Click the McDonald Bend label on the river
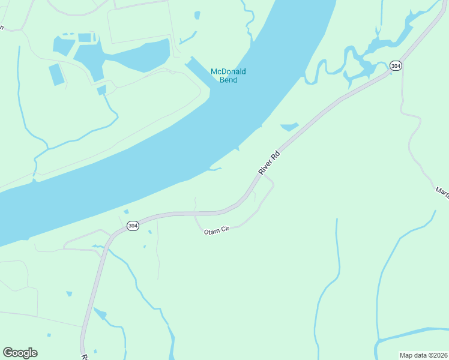point(228,76)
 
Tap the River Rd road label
point(270,163)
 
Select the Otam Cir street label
point(217,231)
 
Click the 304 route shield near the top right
point(395,65)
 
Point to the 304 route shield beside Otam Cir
point(133,226)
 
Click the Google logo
point(20,353)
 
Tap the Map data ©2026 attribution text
point(424,355)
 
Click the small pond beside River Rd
point(289,127)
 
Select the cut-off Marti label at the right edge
point(442,191)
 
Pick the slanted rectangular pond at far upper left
point(56,74)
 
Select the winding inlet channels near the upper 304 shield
point(360,57)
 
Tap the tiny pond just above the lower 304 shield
point(126,212)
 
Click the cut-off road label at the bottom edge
point(85,356)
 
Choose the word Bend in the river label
point(228,80)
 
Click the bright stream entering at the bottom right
point(414,333)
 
